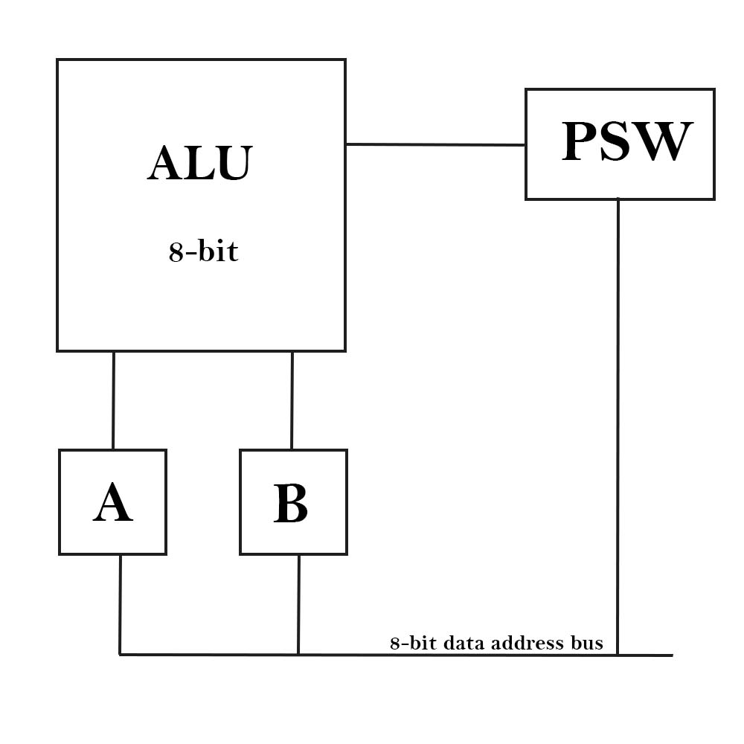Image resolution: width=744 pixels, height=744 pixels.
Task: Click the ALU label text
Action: tap(200, 163)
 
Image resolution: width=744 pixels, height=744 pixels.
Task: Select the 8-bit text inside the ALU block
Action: tap(203, 252)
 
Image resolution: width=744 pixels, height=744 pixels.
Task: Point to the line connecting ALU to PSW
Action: tap(435, 144)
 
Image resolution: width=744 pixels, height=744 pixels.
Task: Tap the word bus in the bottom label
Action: tap(586, 643)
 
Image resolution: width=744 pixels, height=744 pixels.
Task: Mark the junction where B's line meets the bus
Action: tap(298, 655)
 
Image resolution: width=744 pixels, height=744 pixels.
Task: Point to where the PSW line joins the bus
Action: tap(618, 655)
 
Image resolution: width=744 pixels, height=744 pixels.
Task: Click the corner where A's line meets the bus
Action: tap(120, 655)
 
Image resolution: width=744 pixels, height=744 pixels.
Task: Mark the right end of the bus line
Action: tap(672, 655)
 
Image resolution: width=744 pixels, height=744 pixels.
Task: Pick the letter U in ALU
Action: tap(231, 163)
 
